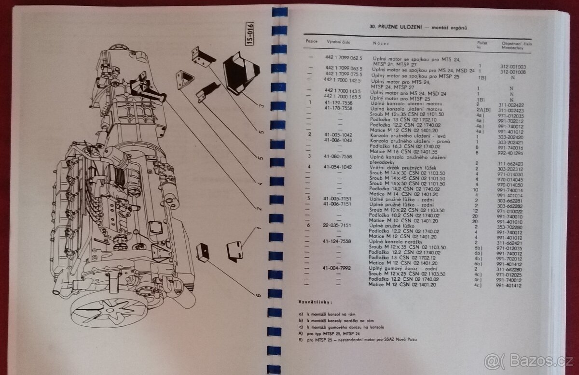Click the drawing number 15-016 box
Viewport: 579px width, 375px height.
pyautogui.click(x=249, y=34)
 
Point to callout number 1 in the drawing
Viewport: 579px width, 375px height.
pyautogui.click(x=258, y=228)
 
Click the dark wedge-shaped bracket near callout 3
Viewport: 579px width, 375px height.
pyautogui.click(x=241, y=72)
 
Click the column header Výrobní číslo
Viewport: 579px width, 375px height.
pyautogui.click(x=338, y=42)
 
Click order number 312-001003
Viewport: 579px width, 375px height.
pyautogui.click(x=512, y=67)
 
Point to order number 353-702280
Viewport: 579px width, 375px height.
pyautogui.click(x=511, y=226)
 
